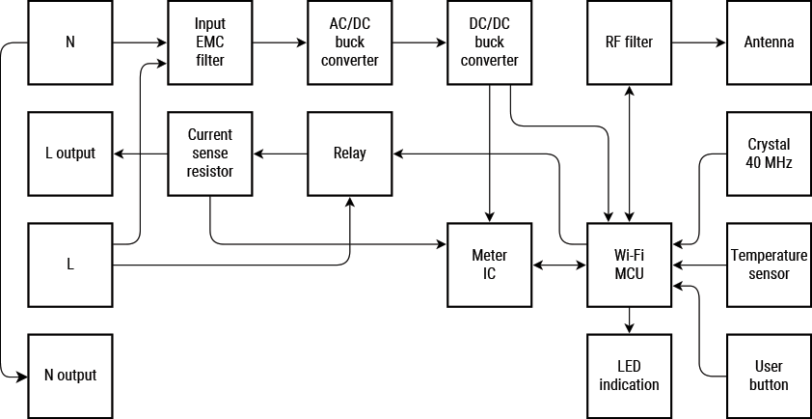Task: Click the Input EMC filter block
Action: [209, 42]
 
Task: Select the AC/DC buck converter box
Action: [349, 42]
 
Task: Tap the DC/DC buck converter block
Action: [489, 42]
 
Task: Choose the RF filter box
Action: [629, 42]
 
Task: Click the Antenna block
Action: [769, 42]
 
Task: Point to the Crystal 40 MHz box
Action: [769, 154]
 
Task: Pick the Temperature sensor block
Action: [769, 265]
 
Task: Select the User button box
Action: [769, 376]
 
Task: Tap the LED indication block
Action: [629, 376]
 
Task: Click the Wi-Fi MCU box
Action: [629, 265]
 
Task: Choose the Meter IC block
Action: [489, 265]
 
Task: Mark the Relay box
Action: [349, 154]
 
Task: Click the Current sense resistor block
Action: [209, 154]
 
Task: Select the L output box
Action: [70, 154]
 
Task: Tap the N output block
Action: [70, 376]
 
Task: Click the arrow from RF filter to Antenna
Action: [698, 42]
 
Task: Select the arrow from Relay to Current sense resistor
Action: [280, 154]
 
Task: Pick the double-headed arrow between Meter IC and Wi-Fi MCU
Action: [559, 265]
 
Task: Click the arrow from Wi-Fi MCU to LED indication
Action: [629, 321]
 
